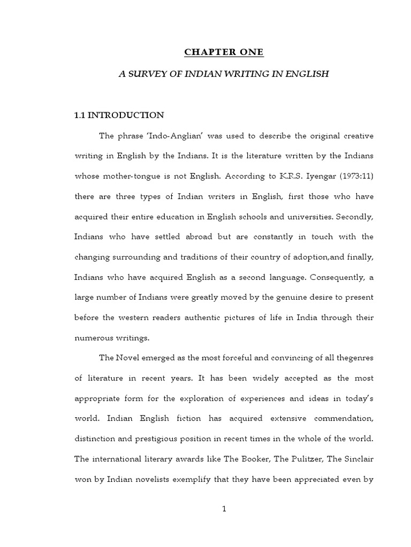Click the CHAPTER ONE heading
click(224, 52)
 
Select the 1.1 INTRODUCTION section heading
click(119, 115)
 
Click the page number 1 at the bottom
click(224, 509)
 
